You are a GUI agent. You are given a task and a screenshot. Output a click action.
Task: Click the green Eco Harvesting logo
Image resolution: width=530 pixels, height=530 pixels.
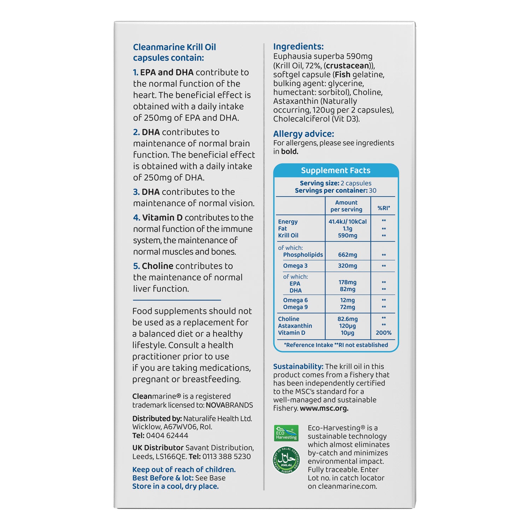coord(286,433)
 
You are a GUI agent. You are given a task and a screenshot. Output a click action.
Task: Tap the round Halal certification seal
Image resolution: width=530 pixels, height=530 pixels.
coord(286,460)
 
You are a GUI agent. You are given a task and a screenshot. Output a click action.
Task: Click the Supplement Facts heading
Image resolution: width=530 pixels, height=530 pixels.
coord(336,170)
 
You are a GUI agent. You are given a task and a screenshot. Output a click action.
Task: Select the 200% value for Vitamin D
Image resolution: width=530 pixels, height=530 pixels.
coord(383,333)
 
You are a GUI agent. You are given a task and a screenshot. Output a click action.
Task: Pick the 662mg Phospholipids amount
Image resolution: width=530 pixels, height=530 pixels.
coord(347,255)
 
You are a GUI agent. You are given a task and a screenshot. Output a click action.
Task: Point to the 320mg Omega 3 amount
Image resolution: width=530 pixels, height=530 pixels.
coord(347,266)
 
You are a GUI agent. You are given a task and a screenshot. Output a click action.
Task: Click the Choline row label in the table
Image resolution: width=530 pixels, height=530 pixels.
coord(289,319)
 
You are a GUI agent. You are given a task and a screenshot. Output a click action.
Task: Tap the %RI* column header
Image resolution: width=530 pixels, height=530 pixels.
coord(384,208)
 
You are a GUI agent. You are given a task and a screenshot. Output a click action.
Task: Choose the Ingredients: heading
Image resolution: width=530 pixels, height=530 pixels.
coord(298,47)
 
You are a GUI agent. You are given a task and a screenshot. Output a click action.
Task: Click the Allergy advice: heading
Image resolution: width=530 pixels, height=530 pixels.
coord(304,134)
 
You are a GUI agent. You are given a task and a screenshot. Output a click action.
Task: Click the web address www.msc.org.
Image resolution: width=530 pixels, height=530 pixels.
coord(324,408)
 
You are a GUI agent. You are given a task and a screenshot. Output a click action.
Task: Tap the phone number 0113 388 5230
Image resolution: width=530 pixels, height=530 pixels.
coord(226,457)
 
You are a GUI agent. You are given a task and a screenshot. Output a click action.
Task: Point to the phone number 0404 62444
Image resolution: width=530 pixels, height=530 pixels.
coord(167,436)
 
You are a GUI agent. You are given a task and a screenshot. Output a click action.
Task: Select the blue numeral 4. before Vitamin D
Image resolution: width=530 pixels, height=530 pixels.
coord(136,218)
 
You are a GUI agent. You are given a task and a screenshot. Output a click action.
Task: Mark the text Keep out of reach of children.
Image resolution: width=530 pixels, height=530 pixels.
coord(184,470)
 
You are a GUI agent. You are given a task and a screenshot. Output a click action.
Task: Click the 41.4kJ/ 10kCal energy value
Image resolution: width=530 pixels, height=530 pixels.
coord(347,222)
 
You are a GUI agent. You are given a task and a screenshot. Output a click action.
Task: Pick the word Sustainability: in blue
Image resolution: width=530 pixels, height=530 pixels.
coord(298,366)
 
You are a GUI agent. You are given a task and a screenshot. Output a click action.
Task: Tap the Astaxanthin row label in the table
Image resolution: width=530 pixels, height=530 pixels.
coord(295,326)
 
